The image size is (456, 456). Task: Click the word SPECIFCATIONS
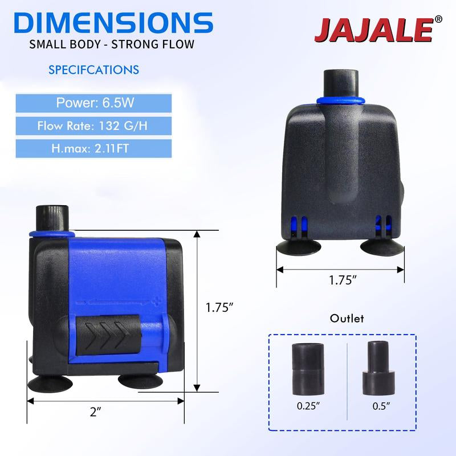[x=93, y=70]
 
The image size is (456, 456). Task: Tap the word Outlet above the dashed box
[x=347, y=319]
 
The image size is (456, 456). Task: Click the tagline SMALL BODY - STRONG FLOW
[x=113, y=44]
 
